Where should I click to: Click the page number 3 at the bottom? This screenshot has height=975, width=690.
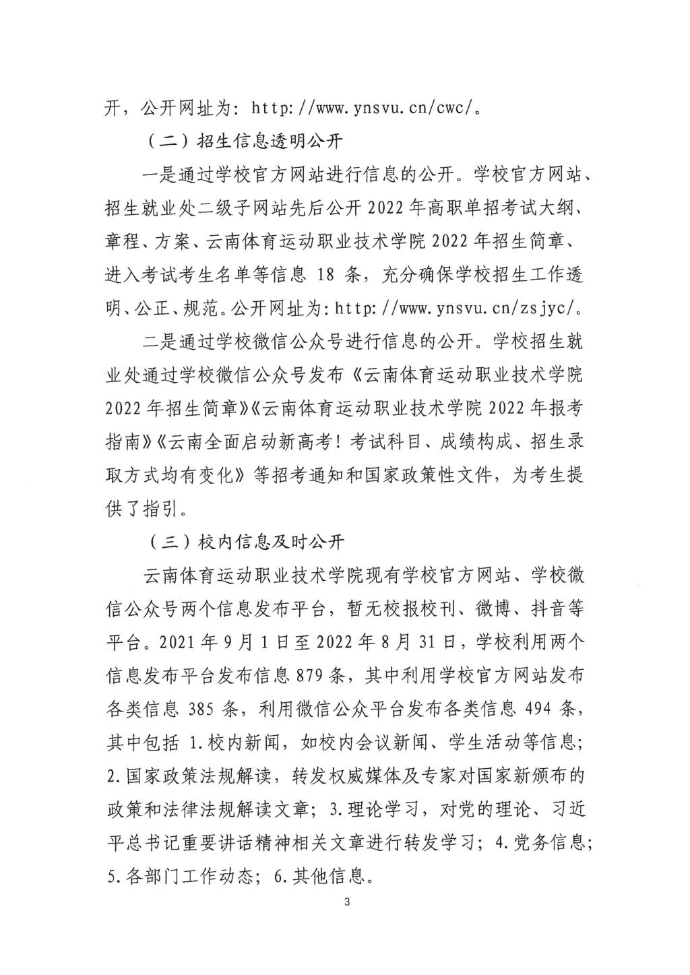point(346,902)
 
